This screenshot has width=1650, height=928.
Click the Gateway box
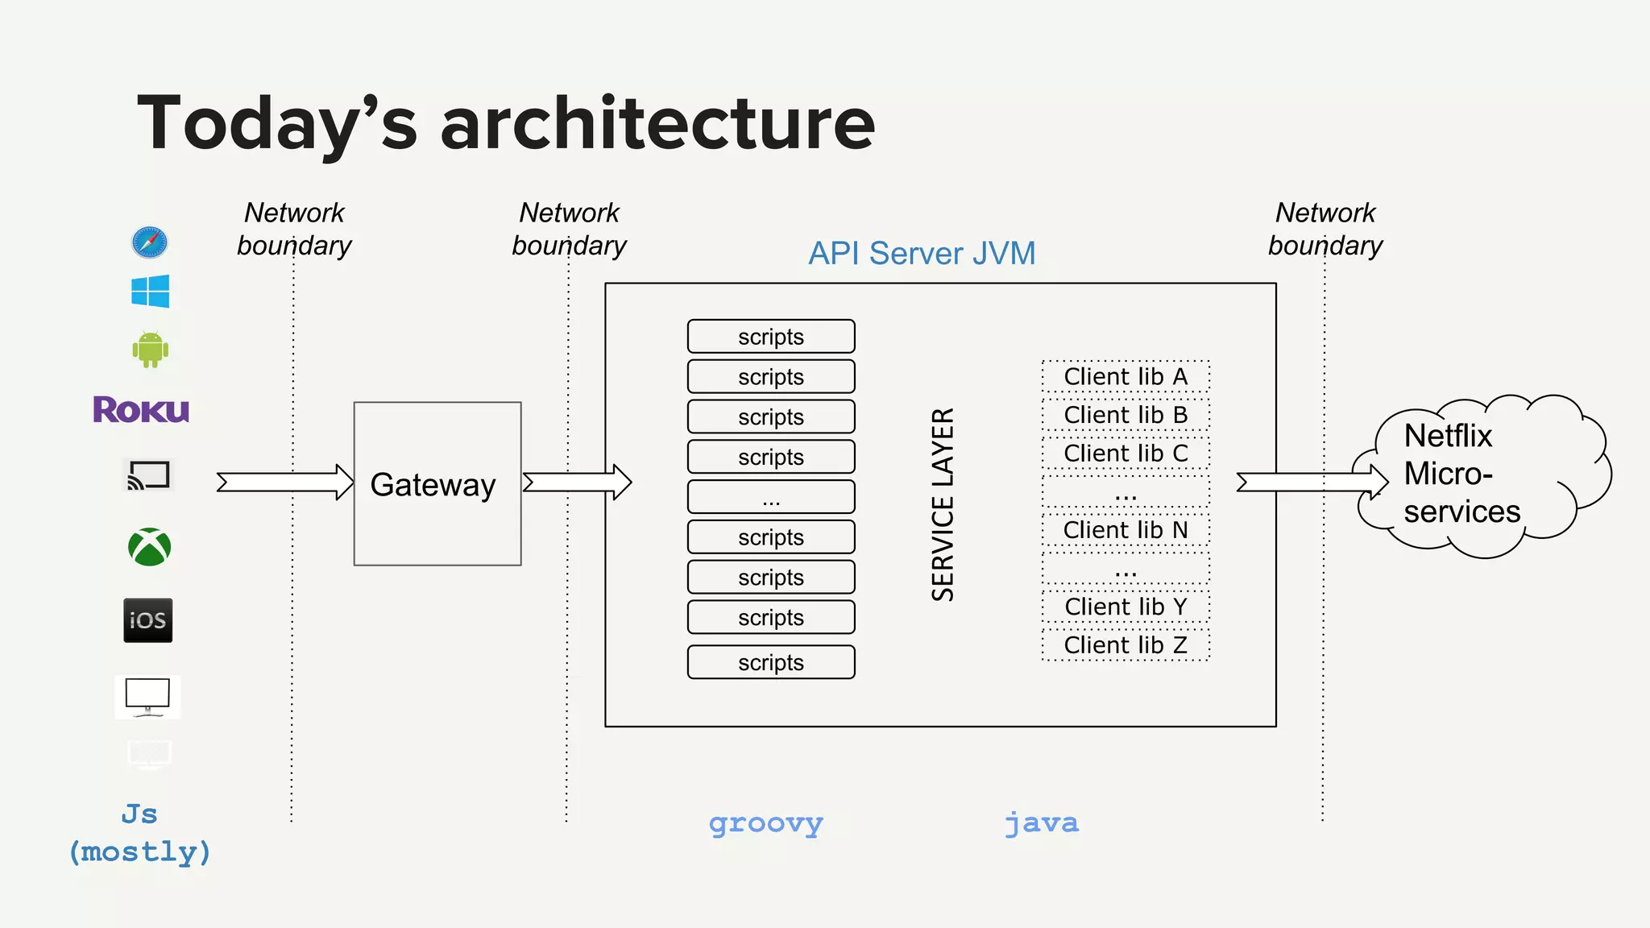pyautogui.click(x=437, y=483)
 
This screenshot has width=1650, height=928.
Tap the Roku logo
pyautogui.click(x=141, y=410)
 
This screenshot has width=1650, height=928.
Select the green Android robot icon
pyautogui.click(x=150, y=349)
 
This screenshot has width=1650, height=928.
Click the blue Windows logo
pyautogui.click(x=150, y=291)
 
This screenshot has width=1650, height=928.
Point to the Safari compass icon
pyautogui.click(x=150, y=242)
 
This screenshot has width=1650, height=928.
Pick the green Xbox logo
pyautogui.click(x=150, y=547)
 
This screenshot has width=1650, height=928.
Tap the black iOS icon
pyautogui.click(x=147, y=619)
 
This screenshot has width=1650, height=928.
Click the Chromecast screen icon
pyautogui.click(x=148, y=475)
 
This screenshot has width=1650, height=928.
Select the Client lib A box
pyautogui.click(x=1125, y=376)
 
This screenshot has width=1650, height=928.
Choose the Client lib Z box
pyautogui.click(x=1125, y=645)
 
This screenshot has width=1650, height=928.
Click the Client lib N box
pyautogui.click(x=1125, y=530)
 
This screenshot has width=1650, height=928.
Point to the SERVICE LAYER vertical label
pyautogui.click(x=943, y=504)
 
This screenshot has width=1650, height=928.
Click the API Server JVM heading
pyautogui.click(x=921, y=254)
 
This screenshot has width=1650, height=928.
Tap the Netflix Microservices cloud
pyautogui.click(x=1474, y=475)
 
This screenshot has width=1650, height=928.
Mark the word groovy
pyautogui.click(x=765, y=823)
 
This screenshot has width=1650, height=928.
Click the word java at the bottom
pyautogui.click(x=1041, y=823)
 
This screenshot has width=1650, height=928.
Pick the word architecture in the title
pyautogui.click(x=657, y=123)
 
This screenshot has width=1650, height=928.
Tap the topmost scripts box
pyautogui.click(x=770, y=337)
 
